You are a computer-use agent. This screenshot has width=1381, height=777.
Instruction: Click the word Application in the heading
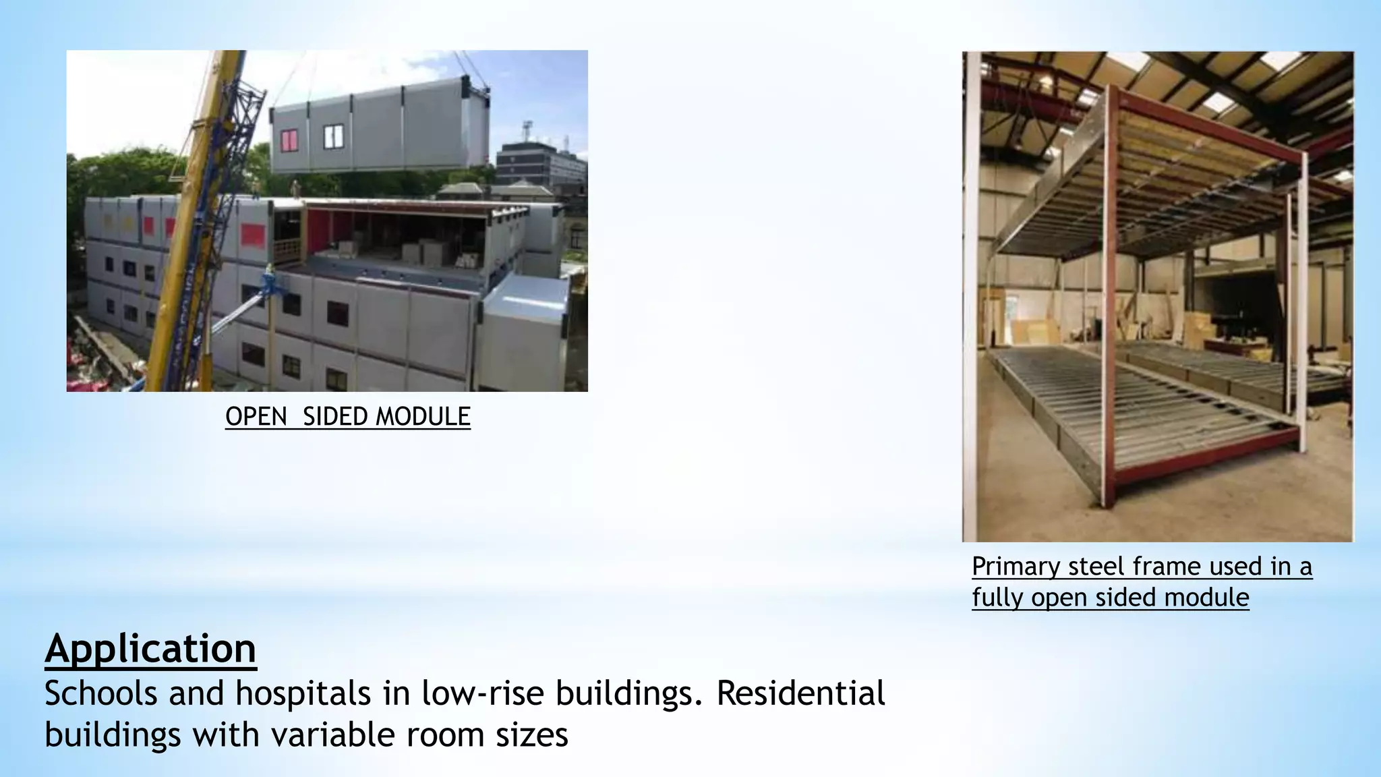point(150,650)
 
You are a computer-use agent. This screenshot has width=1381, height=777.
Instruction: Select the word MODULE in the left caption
point(423,417)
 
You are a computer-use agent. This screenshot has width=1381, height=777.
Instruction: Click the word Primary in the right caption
point(1016,567)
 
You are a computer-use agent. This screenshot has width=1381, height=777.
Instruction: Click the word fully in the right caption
point(997,598)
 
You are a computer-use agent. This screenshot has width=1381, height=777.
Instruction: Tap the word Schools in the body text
point(100,694)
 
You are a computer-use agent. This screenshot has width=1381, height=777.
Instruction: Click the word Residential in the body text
point(800,694)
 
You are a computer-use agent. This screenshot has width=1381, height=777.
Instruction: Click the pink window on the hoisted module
point(289,140)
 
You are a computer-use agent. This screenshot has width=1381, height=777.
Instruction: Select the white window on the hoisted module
point(333,137)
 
